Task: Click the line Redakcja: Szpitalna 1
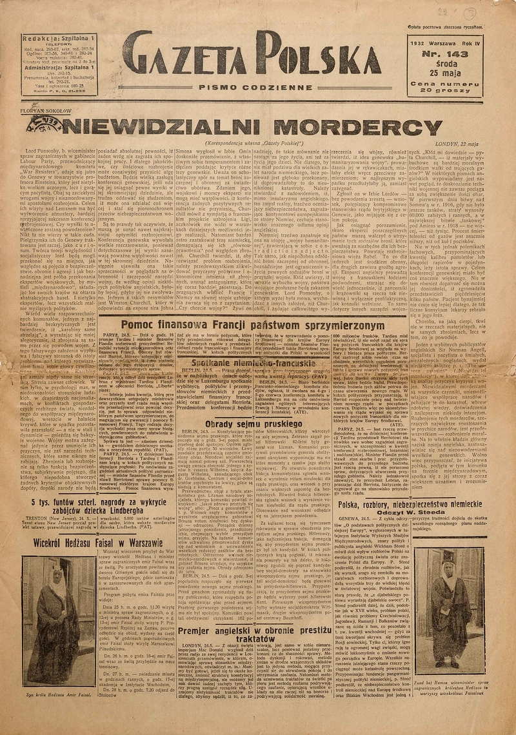(58, 39)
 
